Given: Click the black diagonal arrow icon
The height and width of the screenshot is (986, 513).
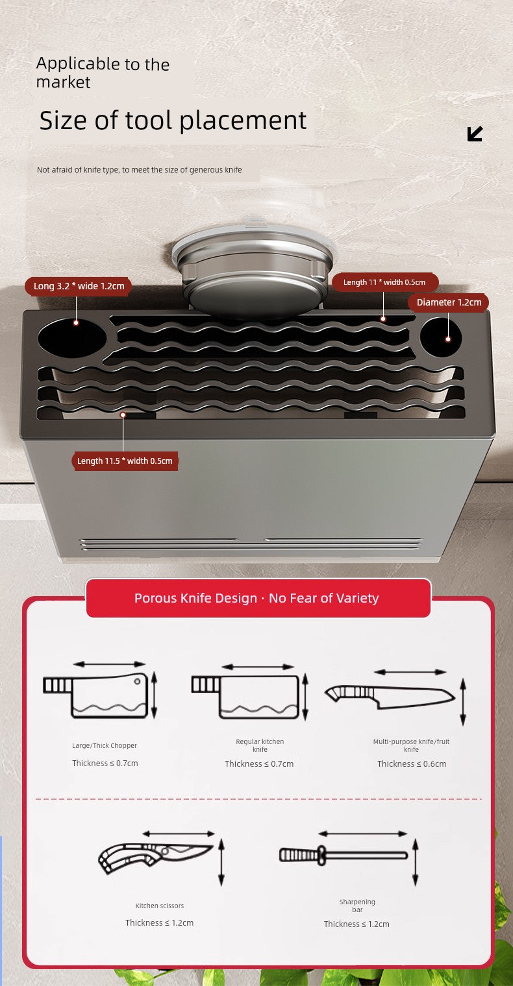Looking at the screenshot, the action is [475, 134].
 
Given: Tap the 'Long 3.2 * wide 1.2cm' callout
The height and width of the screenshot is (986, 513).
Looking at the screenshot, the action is [79, 286].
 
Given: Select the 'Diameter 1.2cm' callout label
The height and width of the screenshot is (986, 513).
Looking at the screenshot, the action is [448, 302].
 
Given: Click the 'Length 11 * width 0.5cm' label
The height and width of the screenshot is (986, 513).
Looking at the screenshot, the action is [384, 282].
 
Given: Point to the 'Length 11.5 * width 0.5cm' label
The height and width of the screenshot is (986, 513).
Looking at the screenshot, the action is [125, 461].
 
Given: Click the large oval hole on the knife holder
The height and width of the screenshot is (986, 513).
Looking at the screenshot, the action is [72, 338].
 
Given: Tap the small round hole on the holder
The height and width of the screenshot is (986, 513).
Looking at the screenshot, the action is [441, 337].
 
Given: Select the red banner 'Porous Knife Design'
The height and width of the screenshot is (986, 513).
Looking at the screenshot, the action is [258, 598].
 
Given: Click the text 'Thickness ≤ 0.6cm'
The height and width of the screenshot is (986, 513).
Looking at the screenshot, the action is [412, 764].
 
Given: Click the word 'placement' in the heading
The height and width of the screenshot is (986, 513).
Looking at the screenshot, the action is [243, 120].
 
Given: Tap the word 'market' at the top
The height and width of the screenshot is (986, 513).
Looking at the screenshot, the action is [63, 82].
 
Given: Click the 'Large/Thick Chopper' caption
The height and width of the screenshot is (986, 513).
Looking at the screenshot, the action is [105, 745].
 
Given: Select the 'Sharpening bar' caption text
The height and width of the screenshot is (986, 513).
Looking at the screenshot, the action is [357, 906].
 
